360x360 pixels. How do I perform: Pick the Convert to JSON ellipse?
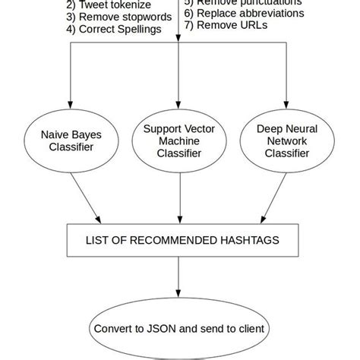179,330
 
